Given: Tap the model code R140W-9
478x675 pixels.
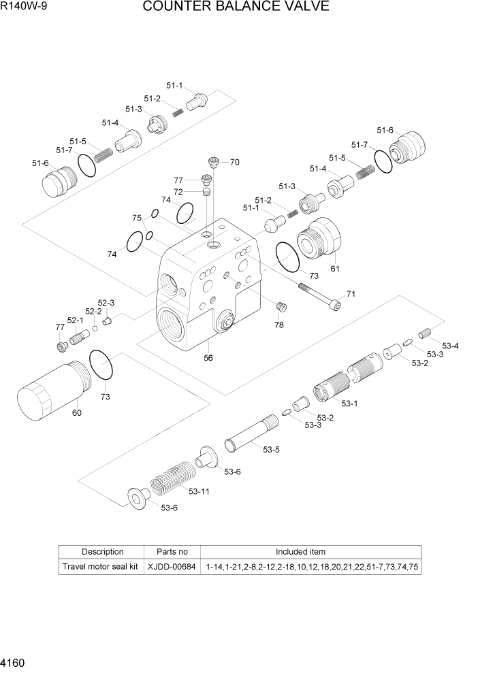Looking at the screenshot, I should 24,7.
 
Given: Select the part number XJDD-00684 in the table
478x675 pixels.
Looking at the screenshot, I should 172,566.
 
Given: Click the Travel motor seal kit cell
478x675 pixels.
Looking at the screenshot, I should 100,566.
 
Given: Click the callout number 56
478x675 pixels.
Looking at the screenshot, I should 208,357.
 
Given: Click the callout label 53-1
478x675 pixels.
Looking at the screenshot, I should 349,404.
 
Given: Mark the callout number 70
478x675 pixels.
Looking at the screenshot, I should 234,163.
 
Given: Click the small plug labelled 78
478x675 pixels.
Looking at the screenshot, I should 280,310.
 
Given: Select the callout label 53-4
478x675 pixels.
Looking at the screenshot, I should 450,346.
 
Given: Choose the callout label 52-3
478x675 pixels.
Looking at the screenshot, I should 106,303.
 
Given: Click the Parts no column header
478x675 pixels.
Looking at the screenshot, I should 172,552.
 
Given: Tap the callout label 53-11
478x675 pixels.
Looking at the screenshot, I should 199,491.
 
